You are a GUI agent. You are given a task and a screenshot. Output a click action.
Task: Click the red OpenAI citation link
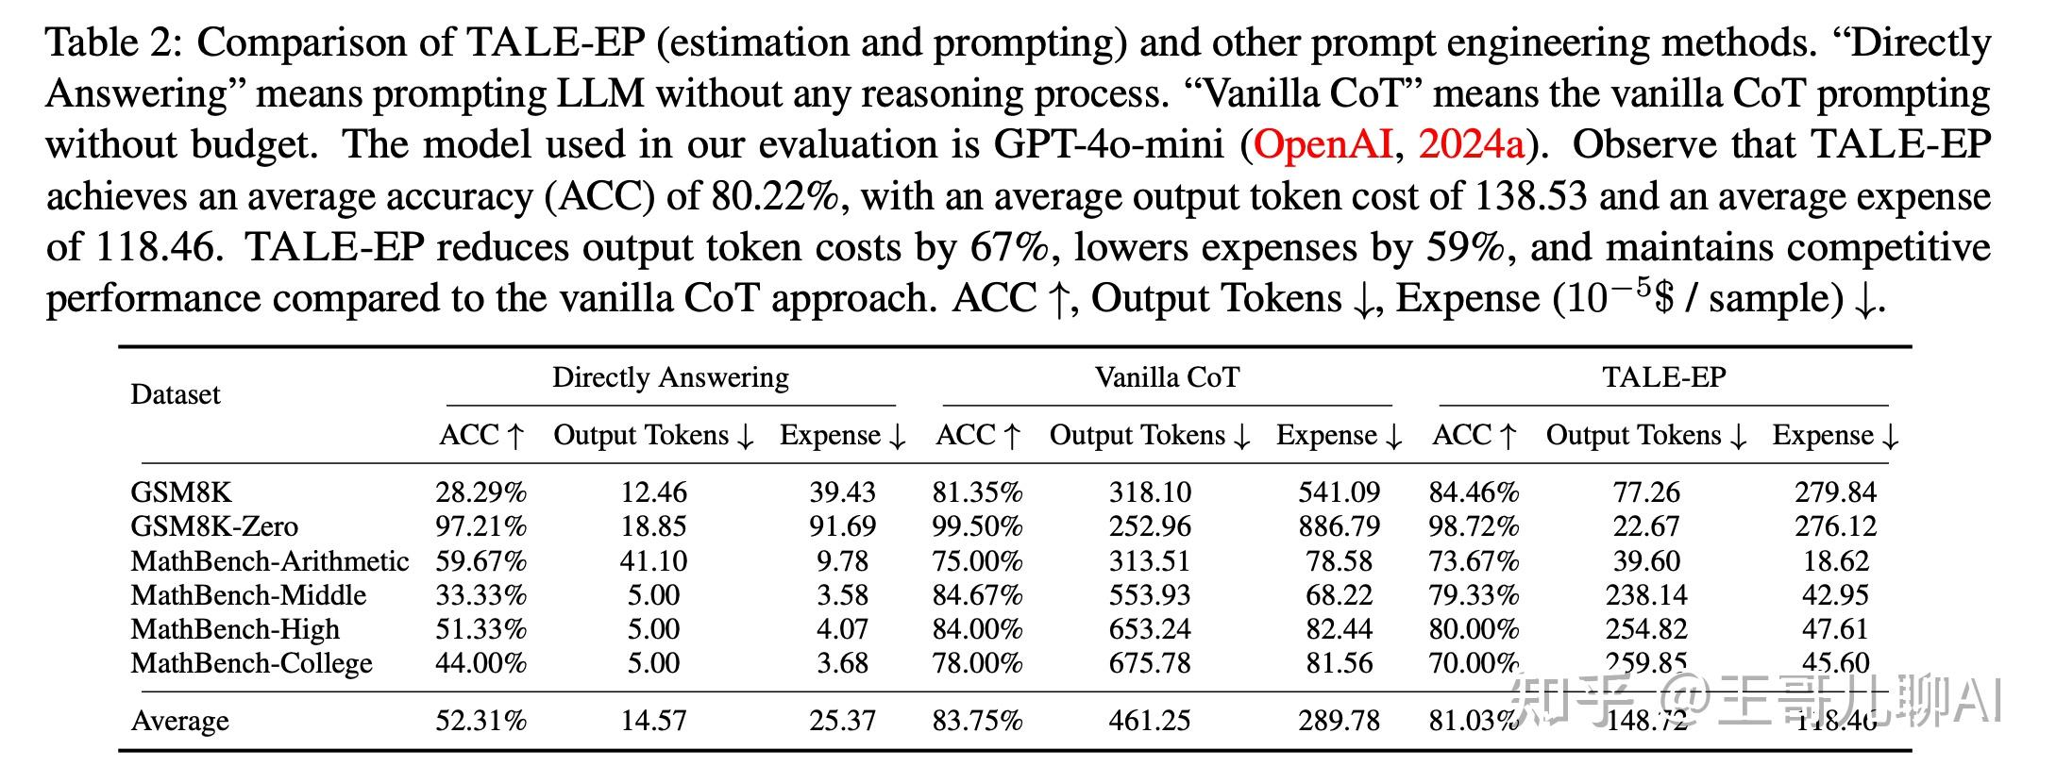point(1322,144)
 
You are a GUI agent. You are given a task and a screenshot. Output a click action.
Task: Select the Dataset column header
point(175,394)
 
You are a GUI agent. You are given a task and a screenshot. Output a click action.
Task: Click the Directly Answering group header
point(670,377)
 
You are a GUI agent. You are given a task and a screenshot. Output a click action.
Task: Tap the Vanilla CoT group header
point(1167,377)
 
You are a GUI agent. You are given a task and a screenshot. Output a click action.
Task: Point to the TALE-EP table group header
point(1663,377)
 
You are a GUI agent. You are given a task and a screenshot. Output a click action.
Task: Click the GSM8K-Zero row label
point(214,526)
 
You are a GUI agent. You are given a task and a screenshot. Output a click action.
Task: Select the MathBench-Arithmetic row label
point(269,561)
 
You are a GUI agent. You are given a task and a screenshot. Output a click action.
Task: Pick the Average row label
point(179,721)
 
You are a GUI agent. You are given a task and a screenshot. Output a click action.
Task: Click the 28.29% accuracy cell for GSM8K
point(480,492)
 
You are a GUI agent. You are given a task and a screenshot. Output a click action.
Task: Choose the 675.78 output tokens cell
point(1150,663)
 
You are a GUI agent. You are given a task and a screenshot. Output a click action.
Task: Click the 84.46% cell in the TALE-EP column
point(1474,492)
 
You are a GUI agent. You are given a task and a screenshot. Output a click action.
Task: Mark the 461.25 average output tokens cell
point(1150,721)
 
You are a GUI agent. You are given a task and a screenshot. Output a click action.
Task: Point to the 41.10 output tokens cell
point(653,561)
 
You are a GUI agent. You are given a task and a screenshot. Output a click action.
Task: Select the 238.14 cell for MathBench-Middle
point(1646,595)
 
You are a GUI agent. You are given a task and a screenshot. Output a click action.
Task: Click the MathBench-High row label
point(235,629)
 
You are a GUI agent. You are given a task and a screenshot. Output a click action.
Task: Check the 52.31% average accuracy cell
point(480,721)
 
